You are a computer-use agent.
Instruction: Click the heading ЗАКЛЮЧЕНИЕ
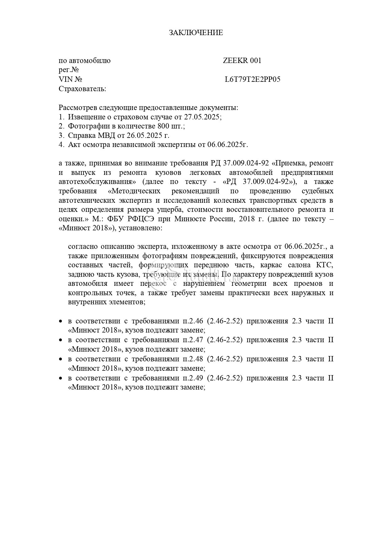[196, 33]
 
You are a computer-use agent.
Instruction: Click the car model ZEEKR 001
[242, 61]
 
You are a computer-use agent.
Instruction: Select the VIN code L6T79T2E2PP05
[253, 80]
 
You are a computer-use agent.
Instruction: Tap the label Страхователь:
[82, 89]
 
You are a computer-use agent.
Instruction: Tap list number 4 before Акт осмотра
[61, 145]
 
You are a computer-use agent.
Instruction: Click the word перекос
[155, 284]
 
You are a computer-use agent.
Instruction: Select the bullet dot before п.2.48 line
[61, 359]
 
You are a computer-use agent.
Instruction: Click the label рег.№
[68, 70]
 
